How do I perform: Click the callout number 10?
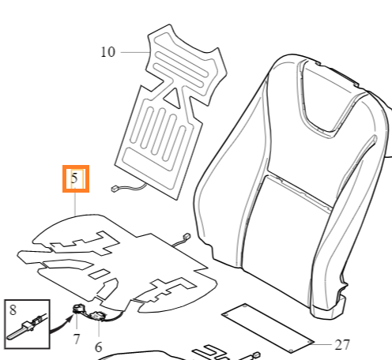[x=108, y=52]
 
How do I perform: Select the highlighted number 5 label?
[x=76, y=179]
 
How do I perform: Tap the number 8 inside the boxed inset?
[x=13, y=309]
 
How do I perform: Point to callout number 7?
[x=77, y=339]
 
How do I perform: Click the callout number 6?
[x=98, y=347]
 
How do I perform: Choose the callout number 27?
[x=342, y=345]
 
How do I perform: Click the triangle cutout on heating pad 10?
[x=173, y=98]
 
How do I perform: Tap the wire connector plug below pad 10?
[x=115, y=189]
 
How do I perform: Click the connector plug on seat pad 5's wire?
[x=187, y=236]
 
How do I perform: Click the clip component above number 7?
[x=78, y=309]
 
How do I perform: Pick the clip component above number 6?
[x=98, y=316]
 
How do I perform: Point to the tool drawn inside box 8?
[x=25, y=327]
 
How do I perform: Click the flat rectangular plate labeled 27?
[x=268, y=328]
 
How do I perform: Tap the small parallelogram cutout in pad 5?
[x=100, y=274]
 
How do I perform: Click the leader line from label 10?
[x=135, y=52]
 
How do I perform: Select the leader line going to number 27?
[x=322, y=344]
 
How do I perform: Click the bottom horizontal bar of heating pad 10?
[x=150, y=159]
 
